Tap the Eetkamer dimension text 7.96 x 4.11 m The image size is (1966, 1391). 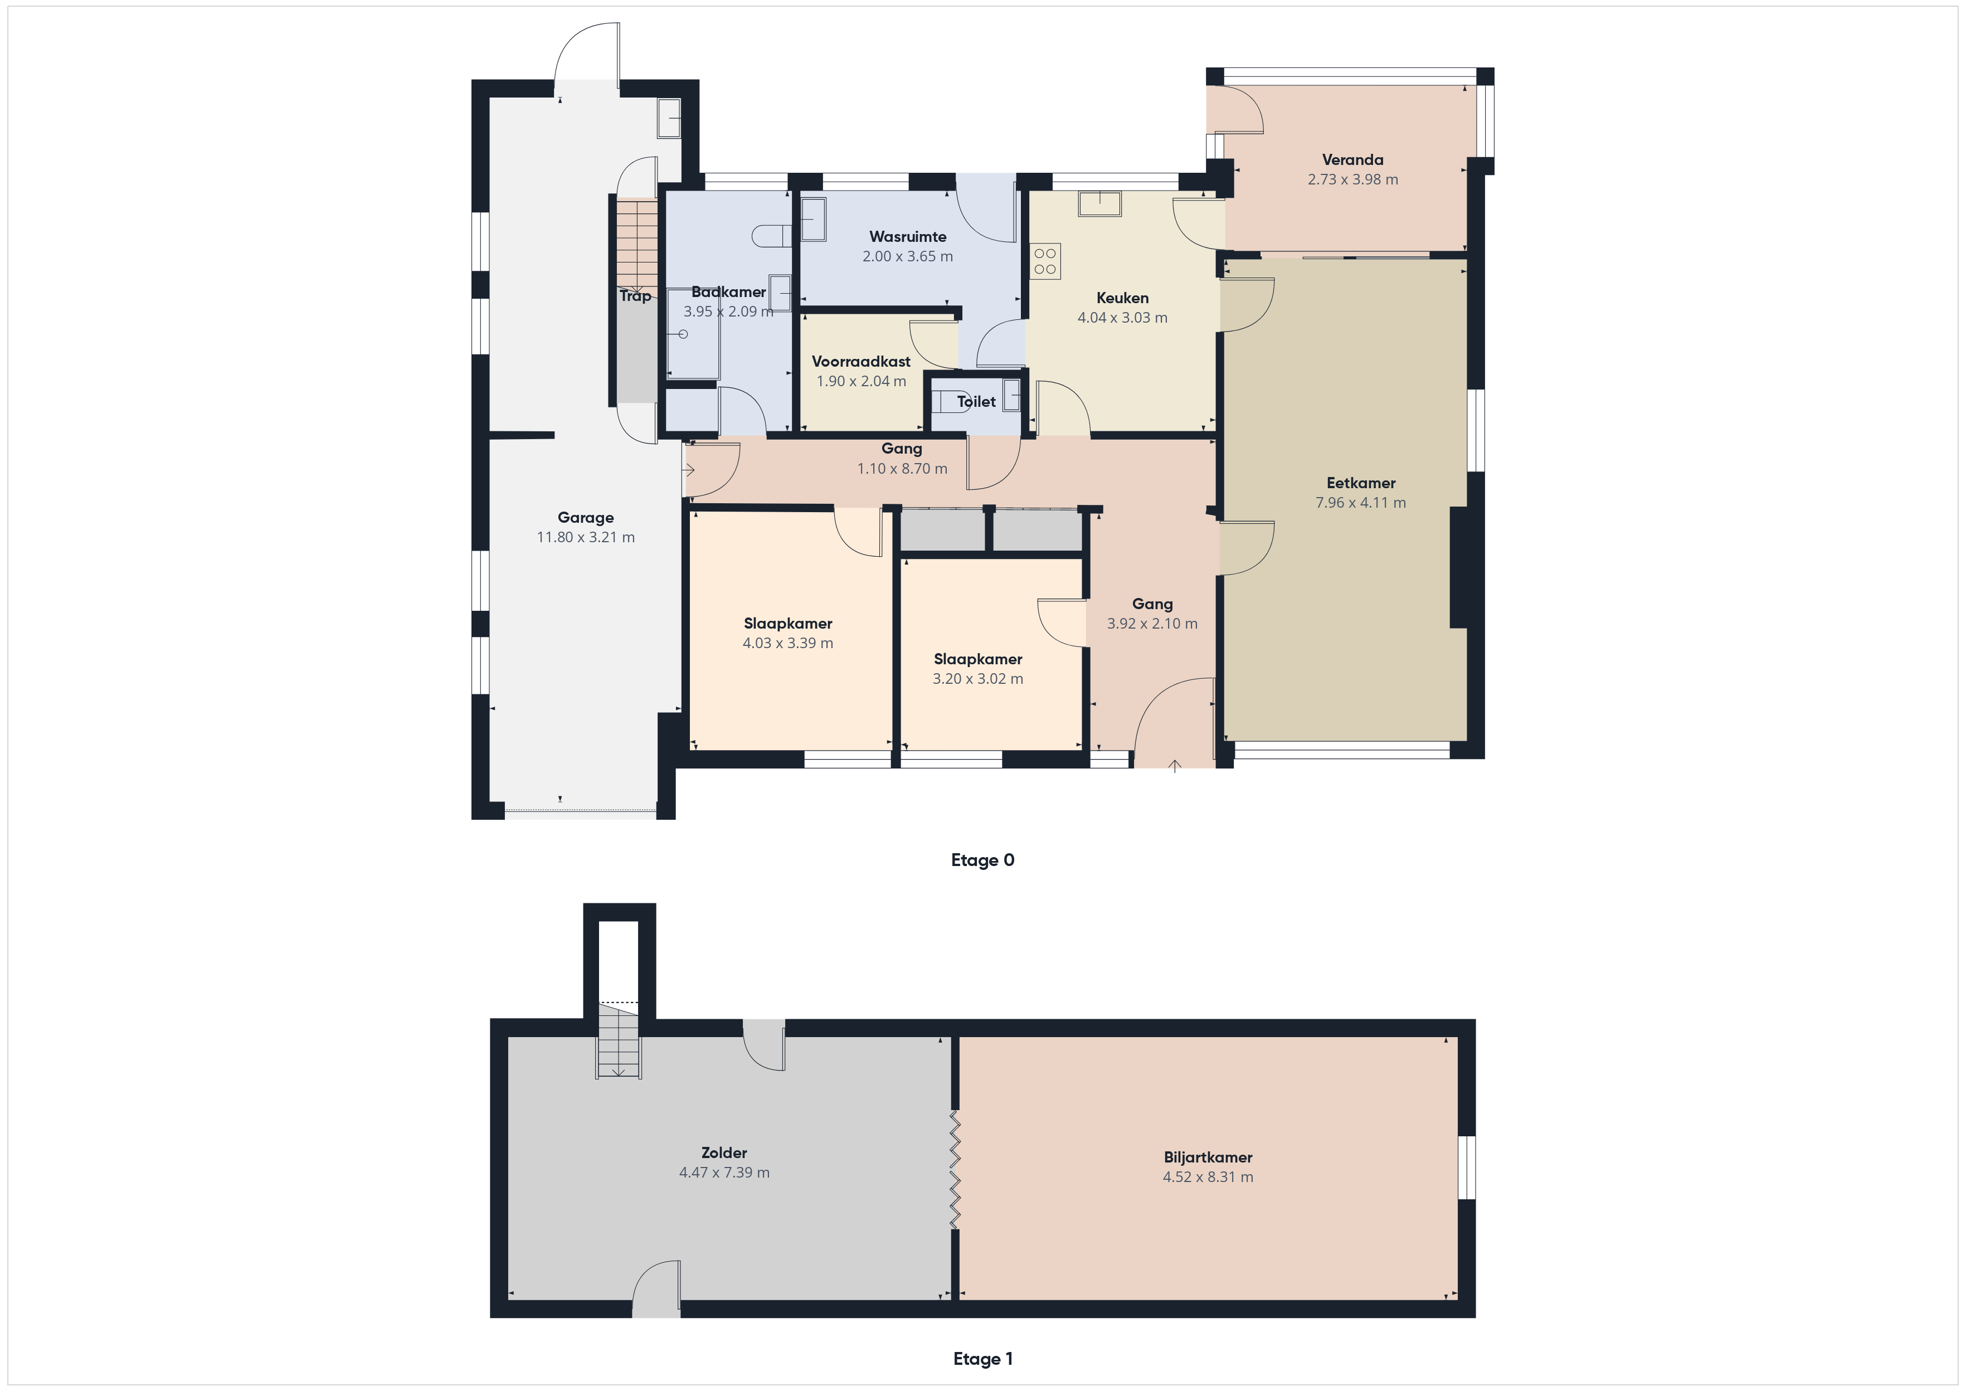coord(1361,503)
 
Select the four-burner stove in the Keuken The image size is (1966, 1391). coord(1045,261)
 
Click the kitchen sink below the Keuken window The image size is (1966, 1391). coord(1099,204)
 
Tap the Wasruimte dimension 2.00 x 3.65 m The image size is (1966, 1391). coord(908,256)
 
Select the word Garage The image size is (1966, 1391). coord(586,517)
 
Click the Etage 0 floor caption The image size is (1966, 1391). coord(982,860)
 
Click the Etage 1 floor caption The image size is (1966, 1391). coord(982,1359)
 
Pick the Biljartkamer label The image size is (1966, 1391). coord(1208,1157)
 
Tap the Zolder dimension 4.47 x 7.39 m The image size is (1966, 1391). coord(724,1173)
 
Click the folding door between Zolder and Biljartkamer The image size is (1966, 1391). coord(955,1170)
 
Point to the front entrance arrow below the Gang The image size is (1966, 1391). coord(1175,765)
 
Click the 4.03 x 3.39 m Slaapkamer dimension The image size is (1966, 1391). coord(788,643)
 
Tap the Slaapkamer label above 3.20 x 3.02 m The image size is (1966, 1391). coord(978,659)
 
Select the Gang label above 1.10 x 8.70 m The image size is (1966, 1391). coord(902,449)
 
